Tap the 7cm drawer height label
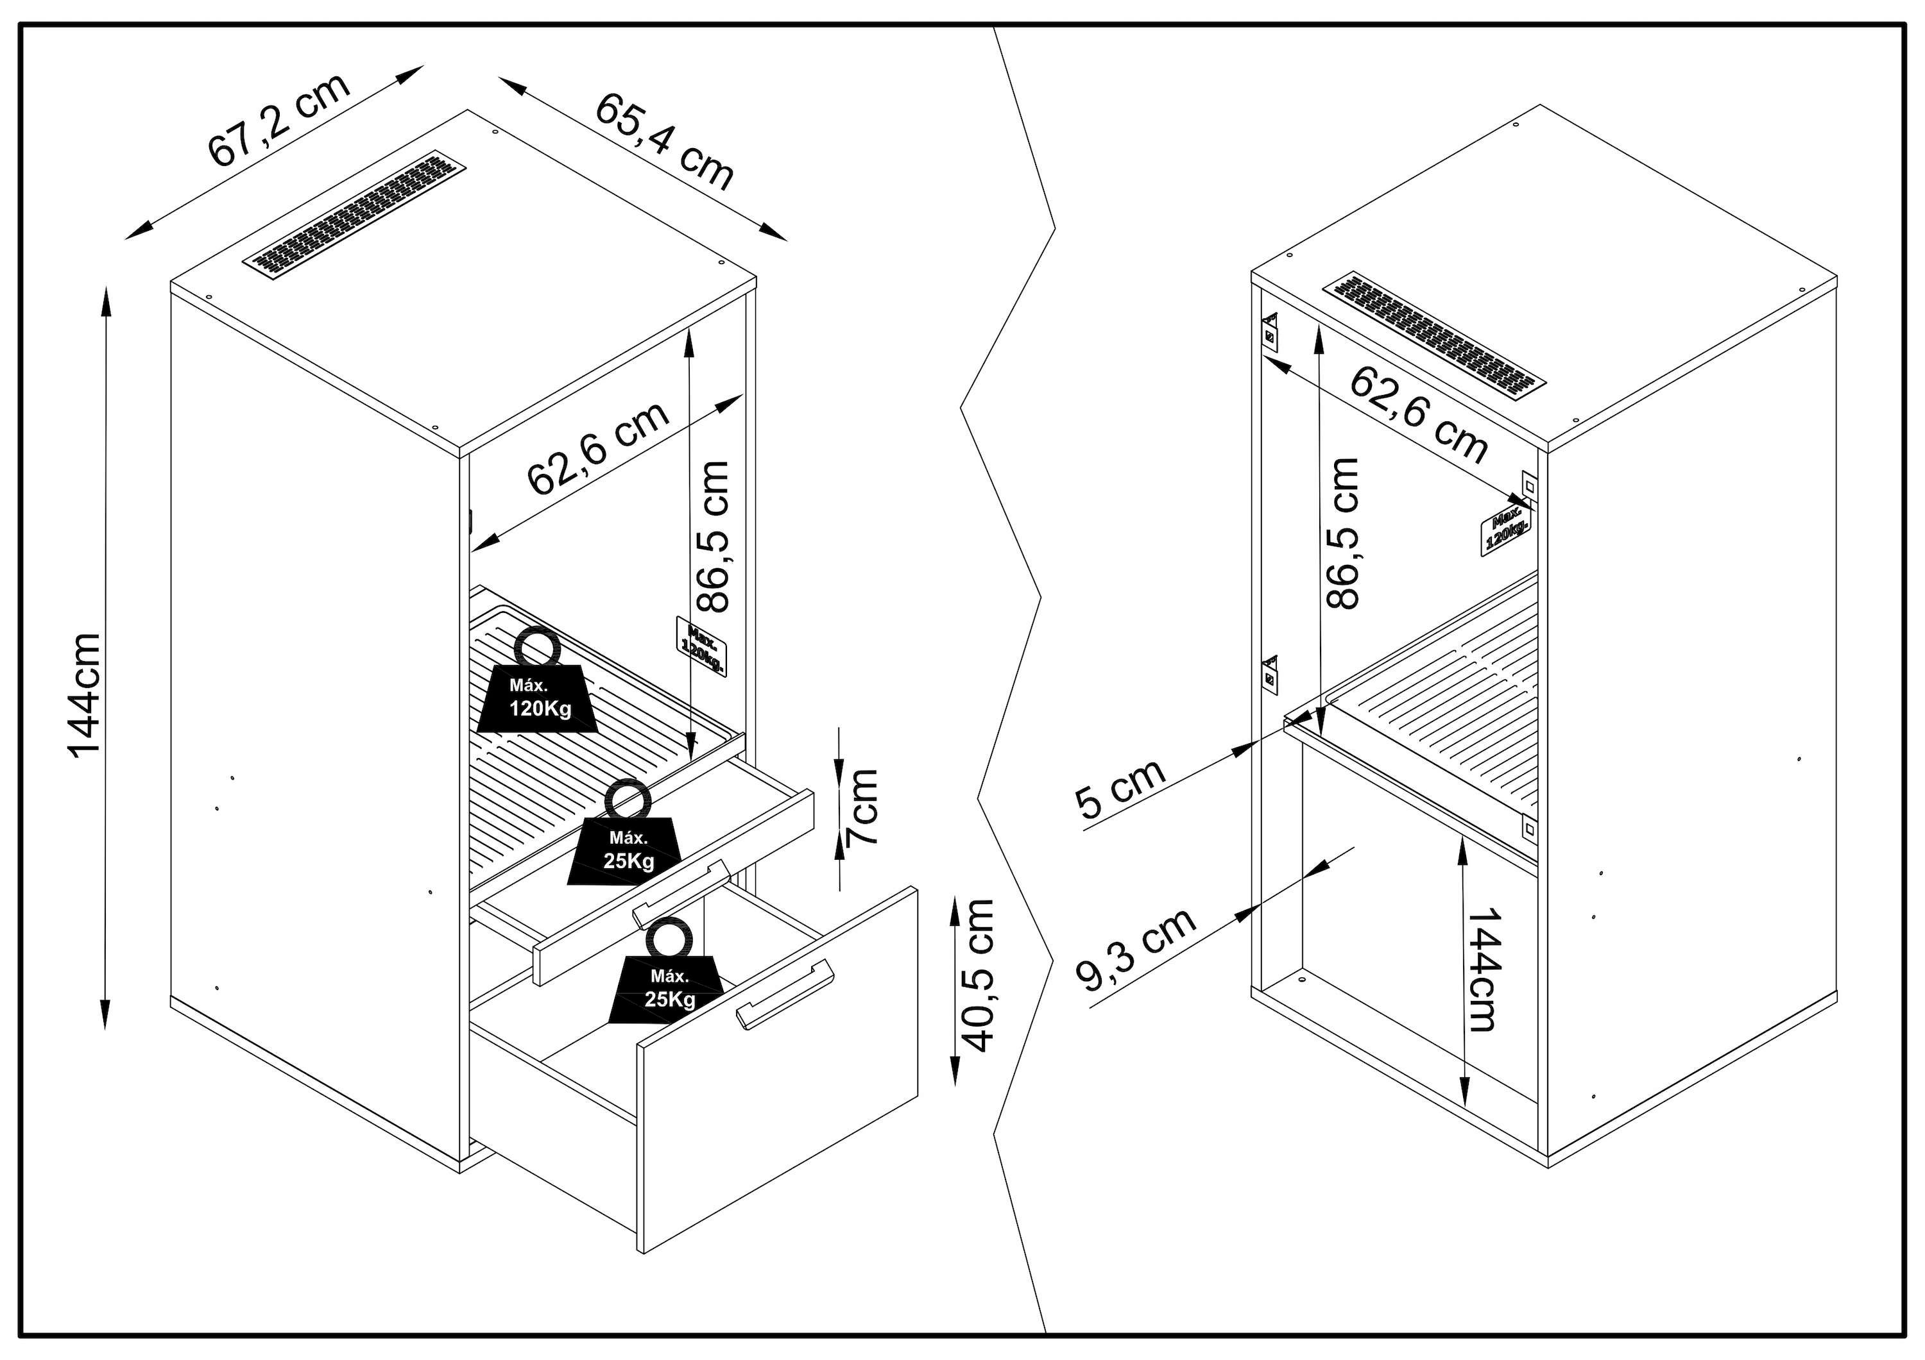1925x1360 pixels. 862,806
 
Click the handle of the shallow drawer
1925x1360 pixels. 681,893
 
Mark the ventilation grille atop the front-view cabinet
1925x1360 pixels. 355,215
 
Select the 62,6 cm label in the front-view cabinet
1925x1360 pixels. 598,448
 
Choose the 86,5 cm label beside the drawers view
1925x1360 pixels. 714,536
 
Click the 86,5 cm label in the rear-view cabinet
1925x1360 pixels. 1342,533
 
